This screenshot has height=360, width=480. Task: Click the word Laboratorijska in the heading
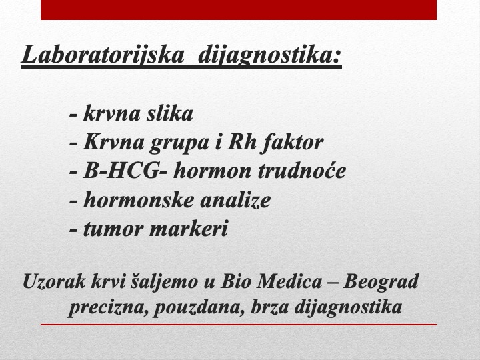pyautogui.click(x=103, y=55)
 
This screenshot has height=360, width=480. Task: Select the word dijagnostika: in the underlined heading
pyautogui.click(x=270, y=55)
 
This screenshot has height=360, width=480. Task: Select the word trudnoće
pyautogui.click(x=302, y=170)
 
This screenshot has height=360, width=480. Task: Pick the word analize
pyautogui.click(x=235, y=200)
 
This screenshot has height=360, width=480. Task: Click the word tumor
pyautogui.click(x=113, y=229)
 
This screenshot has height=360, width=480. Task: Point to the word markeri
pyautogui.click(x=189, y=228)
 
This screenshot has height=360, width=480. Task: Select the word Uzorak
pyautogui.click(x=54, y=281)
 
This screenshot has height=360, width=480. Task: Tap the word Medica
pyautogui.click(x=289, y=281)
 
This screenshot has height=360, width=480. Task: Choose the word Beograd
pyautogui.click(x=381, y=282)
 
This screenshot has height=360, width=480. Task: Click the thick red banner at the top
pyautogui.click(x=239, y=10)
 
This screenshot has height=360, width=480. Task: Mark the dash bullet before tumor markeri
pyautogui.click(x=73, y=230)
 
